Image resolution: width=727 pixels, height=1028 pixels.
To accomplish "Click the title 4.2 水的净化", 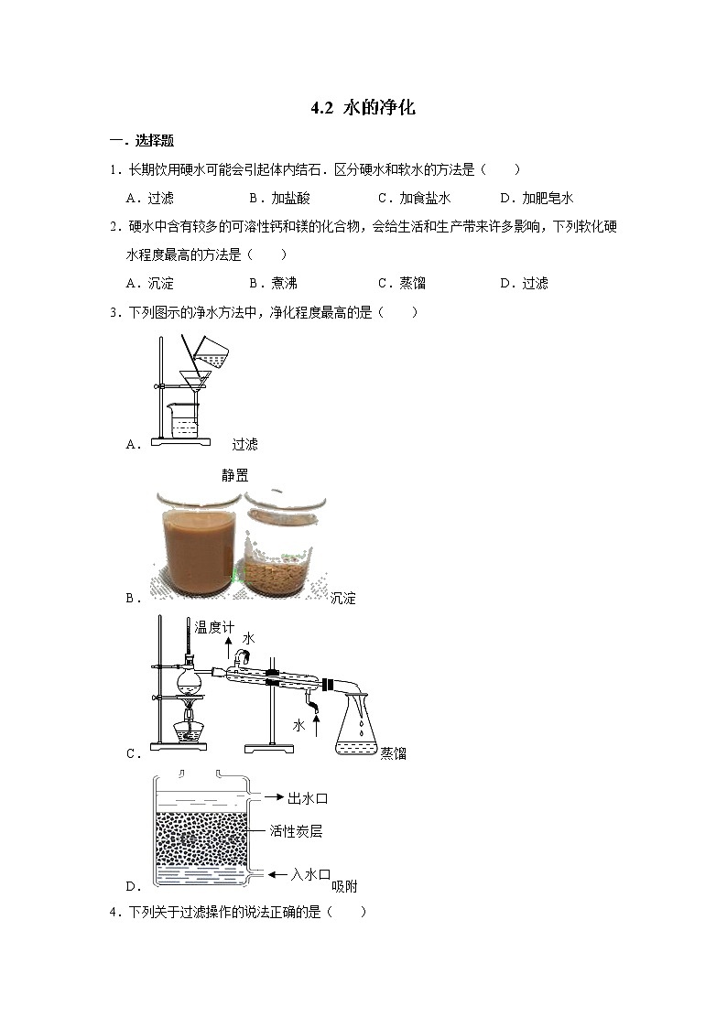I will (363, 108).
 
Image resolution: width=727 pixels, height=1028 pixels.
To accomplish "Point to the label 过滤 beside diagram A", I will (244, 444).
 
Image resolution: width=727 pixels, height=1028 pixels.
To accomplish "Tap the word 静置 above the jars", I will (235, 475).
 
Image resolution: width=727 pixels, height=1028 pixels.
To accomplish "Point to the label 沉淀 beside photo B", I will (342, 599).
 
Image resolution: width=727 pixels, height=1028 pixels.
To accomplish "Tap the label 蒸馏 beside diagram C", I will (394, 753).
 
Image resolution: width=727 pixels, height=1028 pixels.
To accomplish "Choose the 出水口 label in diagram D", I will (308, 799).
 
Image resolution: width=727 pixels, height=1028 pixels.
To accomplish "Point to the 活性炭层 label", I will (296, 832).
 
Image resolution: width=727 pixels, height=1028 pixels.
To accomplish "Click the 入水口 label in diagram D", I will (309, 875).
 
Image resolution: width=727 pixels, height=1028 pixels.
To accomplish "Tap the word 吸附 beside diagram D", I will (344, 886).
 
